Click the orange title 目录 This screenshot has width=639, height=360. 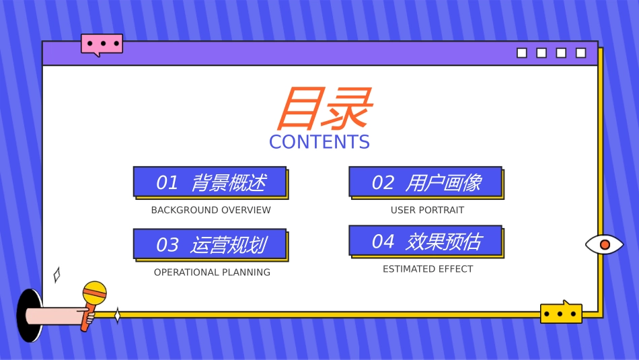(323, 109)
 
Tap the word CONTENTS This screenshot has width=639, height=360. (319, 142)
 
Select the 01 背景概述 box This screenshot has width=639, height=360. (210, 182)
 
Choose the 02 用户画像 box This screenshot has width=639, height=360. (425, 182)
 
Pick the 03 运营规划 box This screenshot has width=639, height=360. (210, 244)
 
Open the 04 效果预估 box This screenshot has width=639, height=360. (425, 241)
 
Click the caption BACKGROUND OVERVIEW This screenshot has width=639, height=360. (211, 210)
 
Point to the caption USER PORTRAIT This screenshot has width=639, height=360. (427, 210)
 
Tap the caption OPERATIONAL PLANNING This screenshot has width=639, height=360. (212, 273)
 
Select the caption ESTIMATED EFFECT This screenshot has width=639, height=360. (428, 269)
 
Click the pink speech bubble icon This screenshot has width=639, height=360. (102, 44)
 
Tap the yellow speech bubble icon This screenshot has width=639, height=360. (561, 313)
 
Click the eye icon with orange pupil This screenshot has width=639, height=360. (604, 244)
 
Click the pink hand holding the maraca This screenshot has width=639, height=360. (61, 316)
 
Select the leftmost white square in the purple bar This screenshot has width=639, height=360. (522, 53)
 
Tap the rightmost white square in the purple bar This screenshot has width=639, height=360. (580, 53)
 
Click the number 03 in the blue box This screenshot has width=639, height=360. (167, 245)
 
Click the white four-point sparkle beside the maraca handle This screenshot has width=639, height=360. (117, 316)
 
